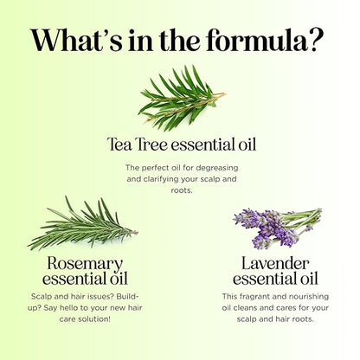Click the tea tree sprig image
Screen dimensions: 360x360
point(182,98)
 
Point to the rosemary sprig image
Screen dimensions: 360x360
point(83,223)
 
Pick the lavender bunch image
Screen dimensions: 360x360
point(277,228)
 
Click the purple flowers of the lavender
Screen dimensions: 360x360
point(264,228)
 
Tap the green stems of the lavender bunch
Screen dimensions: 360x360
point(303,221)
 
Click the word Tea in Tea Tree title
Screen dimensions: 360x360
point(119,145)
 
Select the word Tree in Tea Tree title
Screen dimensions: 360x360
point(151,145)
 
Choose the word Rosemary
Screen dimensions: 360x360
point(85,264)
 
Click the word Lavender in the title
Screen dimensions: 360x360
point(275,263)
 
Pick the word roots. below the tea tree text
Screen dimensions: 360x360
point(182,190)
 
